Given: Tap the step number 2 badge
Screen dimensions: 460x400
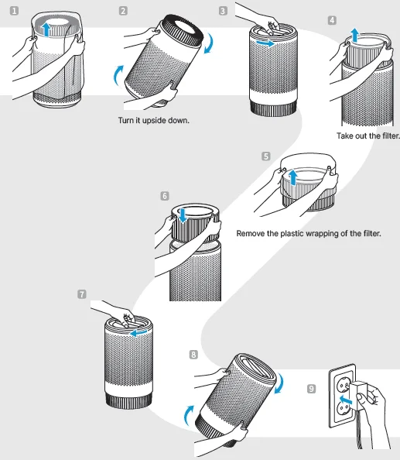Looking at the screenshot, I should coord(124,11).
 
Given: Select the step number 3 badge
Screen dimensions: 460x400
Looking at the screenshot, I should coord(224,11).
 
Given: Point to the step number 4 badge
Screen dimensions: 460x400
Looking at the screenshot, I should coord(332,19).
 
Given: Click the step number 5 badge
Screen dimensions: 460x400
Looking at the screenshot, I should coord(266,156).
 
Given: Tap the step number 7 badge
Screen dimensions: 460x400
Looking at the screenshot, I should coord(83,294).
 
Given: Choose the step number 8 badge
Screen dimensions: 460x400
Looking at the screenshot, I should coord(193,353).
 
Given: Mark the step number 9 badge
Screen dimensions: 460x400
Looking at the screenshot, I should coord(311,389).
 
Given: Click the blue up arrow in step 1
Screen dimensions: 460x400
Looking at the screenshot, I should coord(48,29).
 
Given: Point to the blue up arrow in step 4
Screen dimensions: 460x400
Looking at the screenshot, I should coord(354,35).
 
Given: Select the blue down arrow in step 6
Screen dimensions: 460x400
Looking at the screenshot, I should coord(183,215).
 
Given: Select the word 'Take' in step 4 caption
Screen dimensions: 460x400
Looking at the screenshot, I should coord(346,136).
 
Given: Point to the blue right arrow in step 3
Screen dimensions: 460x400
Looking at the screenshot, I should coord(265,45).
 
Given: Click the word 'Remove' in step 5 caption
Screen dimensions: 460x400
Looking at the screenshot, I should coord(251,233).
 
